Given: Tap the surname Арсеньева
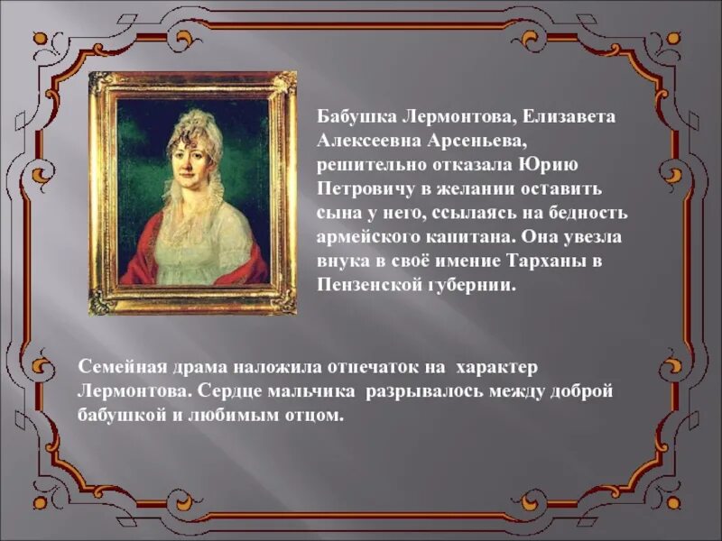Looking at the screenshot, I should [x=468, y=142].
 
